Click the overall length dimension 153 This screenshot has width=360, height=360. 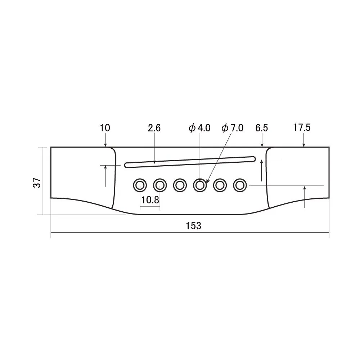pyautogui.click(x=193, y=226)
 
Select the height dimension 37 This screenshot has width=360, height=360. pyautogui.click(x=36, y=183)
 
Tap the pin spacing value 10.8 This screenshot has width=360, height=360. pyautogui.click(x=150, y=200)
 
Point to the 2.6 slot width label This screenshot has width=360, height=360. pyautogui.click(x=154, y=128)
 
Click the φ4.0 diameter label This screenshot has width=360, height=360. pyautogui.click(x=199, y=128)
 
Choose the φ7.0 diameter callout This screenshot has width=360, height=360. pyautogui.click(x=233, y=128)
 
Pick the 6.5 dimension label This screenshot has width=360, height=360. pyautogui.click(x=262, y=128)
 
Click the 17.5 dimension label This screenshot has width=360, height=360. pyautogui.click(x=302, y=127)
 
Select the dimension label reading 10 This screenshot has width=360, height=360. pyautogui.click(x=105, y=128)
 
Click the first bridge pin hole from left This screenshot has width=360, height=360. pyautogui.click(x=140, y=185)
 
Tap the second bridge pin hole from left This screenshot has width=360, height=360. pyautogui.click(x=160, y=185)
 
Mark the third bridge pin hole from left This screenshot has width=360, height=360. pyautogui.click(x=180, y=185)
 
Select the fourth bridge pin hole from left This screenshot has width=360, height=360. pyautogui.click(x=200, y=185)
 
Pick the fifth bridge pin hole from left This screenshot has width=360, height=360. pyautogui.click(x=220, y=185)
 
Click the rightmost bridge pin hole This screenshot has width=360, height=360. pyautogui.click(x=239, y=185)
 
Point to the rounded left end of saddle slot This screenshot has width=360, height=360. pyautogui.click(x=126, y=165)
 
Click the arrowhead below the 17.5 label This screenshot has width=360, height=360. pyautogui.click(x=304, y=145)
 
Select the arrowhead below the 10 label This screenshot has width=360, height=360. pyautogui.click(x=105, y=145)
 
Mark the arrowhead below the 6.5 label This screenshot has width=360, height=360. pyautogui.click(x=262, y=145)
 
